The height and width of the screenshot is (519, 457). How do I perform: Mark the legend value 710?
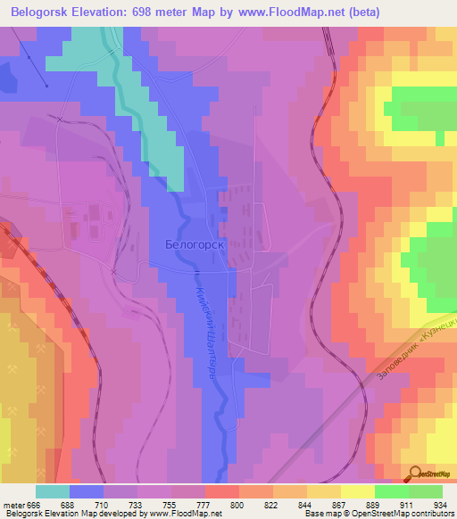point(101,505)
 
